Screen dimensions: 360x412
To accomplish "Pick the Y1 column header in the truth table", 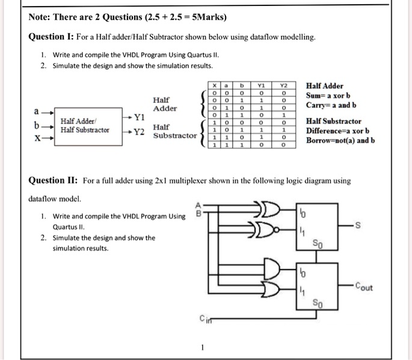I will tap(261, 87).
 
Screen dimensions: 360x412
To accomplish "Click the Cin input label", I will tap(206, 319).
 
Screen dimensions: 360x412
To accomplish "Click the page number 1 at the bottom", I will tap(204, 347).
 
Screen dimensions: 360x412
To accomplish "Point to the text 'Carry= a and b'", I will tap(332, 105).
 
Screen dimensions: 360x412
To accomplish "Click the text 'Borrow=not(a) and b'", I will tap(340, 141).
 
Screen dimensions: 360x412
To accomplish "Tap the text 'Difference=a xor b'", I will tap(337, 131).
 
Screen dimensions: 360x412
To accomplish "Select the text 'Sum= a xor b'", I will tap(328, 96).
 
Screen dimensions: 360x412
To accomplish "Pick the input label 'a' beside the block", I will tap(37, 111).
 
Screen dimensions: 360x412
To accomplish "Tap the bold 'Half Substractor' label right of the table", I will tap(334, 122).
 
